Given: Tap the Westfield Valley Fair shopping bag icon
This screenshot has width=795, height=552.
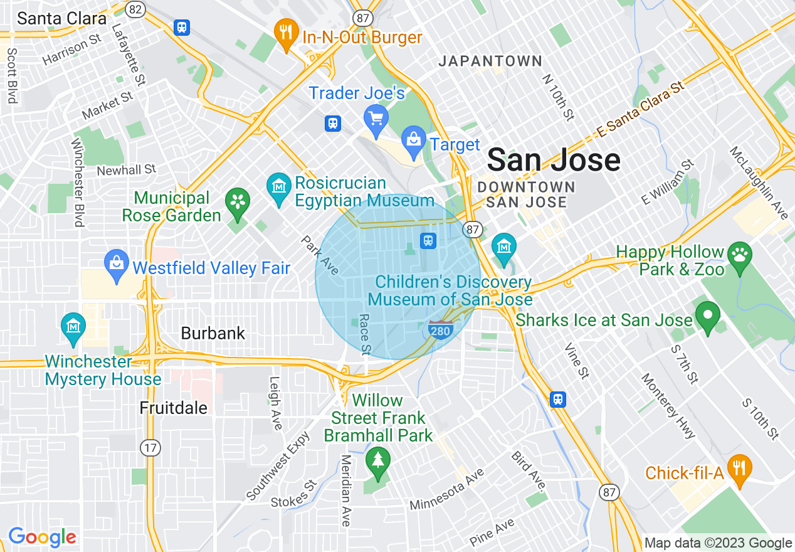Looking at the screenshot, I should (x=117, y=263).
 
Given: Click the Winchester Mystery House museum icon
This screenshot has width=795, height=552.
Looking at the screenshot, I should (x=73, y=326).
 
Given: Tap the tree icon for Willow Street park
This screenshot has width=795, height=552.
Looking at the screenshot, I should (x=377, y=460).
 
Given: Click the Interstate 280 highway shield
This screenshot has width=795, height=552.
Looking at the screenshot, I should (x=441, y=329).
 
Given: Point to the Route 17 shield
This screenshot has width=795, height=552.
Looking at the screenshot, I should (x=150, y=448).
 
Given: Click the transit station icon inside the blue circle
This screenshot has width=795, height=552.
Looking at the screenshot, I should (x=428, y=240).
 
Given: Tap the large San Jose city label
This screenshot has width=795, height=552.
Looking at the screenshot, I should (x=554, y=160).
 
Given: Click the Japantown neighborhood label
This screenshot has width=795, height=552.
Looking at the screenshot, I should (x=490, y=61).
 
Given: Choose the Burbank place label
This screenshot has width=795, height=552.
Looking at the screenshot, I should (x=213, y=333).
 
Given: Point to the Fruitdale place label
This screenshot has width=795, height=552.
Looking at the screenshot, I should (x=174, y=408).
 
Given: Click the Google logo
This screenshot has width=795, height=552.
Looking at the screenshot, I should (x=43, y=537).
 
